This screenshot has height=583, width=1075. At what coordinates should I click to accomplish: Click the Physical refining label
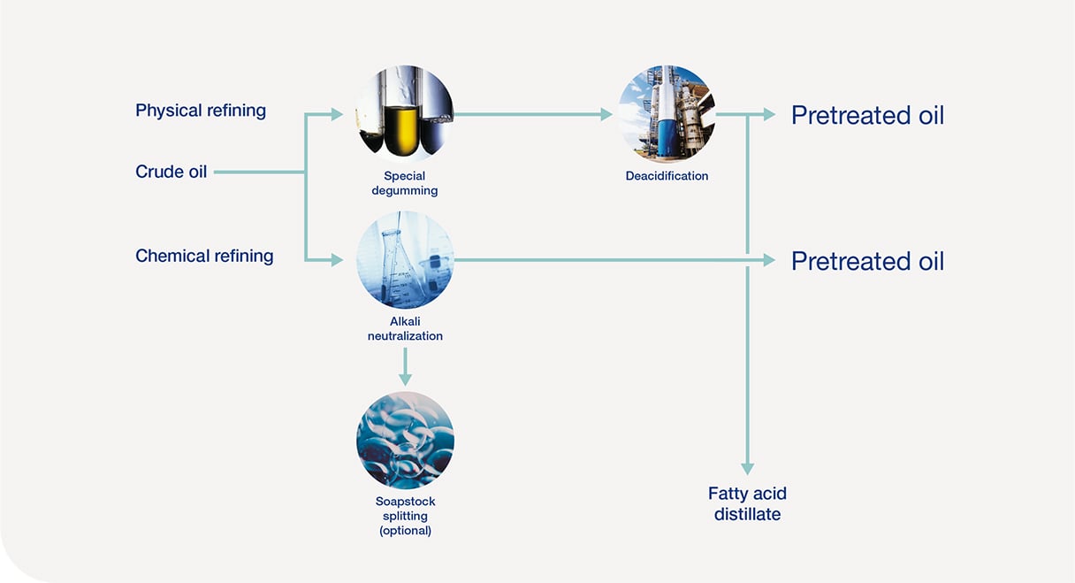click(x=201, y=111)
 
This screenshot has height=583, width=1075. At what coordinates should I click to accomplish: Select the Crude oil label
click(x=171, y=172)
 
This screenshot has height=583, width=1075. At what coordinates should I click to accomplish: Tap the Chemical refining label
click(x=204, y=256)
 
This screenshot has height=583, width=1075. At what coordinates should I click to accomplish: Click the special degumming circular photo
click(x=405, y=114)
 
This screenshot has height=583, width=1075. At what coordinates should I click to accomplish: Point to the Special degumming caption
click(x=405, y=183)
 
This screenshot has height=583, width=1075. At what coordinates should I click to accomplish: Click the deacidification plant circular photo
click(x=667, y=114)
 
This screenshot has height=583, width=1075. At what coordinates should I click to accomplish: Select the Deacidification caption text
click(x=667, y=176)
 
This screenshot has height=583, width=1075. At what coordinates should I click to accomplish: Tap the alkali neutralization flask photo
click(x=405, y=259)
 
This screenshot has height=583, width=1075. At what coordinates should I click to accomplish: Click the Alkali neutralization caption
click(x=405, y=329)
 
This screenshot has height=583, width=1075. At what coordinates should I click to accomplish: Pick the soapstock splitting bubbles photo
click(x=405, y=440)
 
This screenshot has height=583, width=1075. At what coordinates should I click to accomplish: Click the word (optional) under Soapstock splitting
click(x=405, y=531)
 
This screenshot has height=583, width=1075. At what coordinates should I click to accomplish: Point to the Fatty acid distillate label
click(x=747, y=503)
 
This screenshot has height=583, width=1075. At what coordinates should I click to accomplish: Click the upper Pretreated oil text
click(x=867, y=115)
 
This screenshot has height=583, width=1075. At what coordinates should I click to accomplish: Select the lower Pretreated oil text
click(x=867, y=261)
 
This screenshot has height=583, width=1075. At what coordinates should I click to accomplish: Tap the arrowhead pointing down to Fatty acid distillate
click(x=747, y=468)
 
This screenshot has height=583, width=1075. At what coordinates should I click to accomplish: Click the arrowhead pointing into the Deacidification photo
click(x=606, y=114)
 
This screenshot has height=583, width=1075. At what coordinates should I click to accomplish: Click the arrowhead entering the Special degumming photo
click(x=337, y=114)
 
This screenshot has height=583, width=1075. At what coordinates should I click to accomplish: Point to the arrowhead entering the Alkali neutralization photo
click(x=337, y=260)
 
